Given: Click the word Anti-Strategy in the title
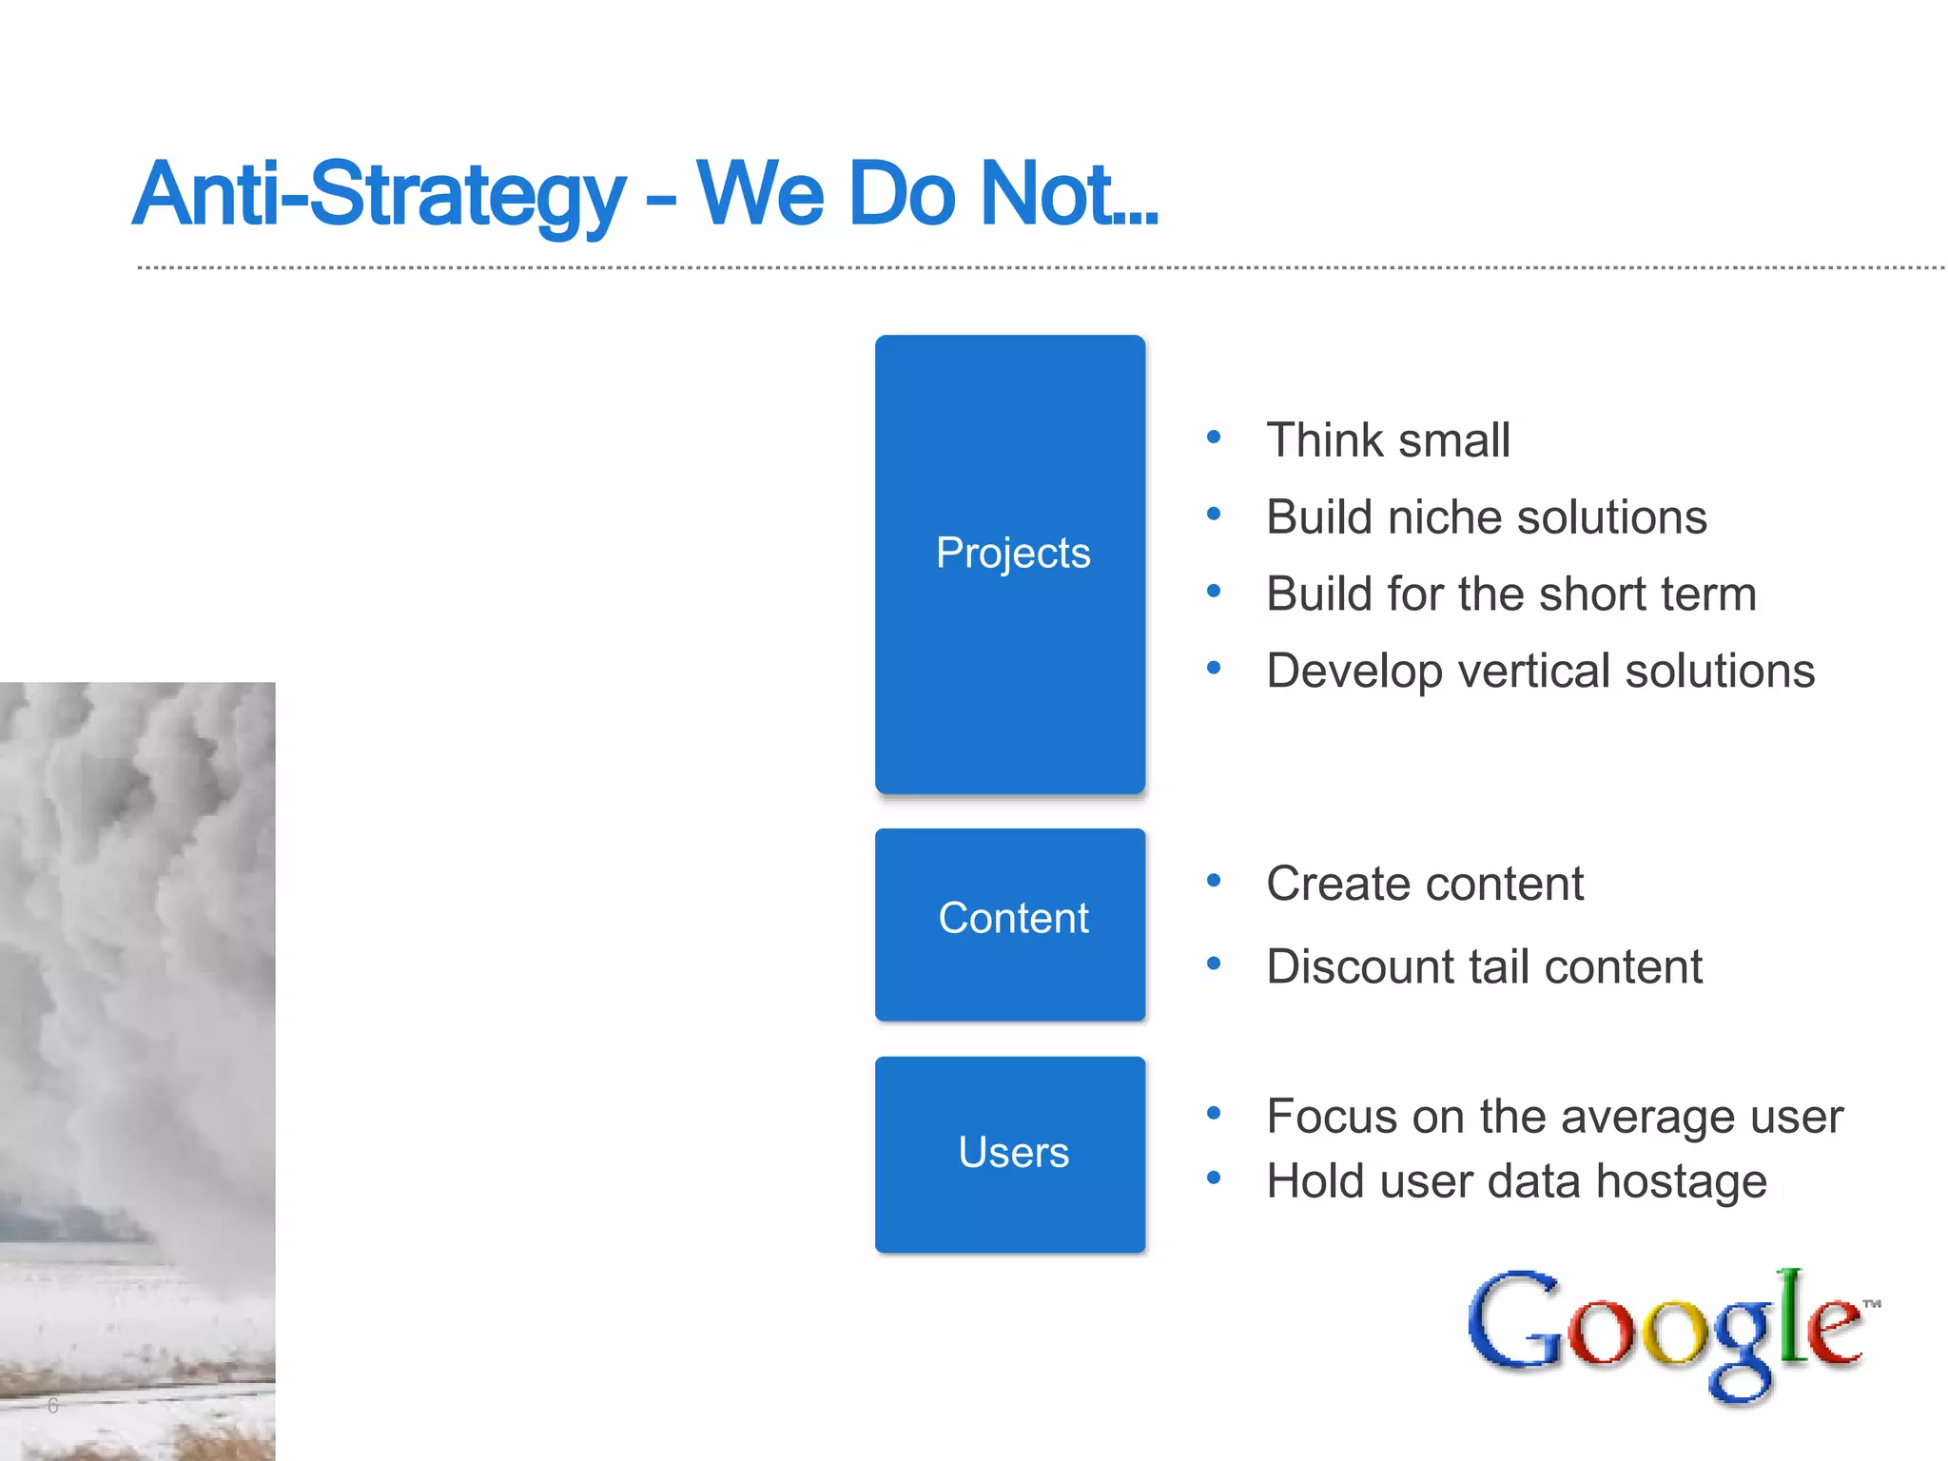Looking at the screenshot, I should [379, 196].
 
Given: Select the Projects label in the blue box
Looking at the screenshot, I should [1012, 554].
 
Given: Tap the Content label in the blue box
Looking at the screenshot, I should [1012, 919].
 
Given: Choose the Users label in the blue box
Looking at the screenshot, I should [1012, 1152].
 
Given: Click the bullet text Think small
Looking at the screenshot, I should [1387, 440].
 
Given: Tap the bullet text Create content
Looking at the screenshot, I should [1424, 884].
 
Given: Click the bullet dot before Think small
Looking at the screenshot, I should [1213, 438].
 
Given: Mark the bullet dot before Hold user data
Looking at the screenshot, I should [1213, 1178].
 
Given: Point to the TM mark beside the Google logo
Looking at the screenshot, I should [1871, 1304].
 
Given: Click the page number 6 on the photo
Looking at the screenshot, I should [53, 1405].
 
